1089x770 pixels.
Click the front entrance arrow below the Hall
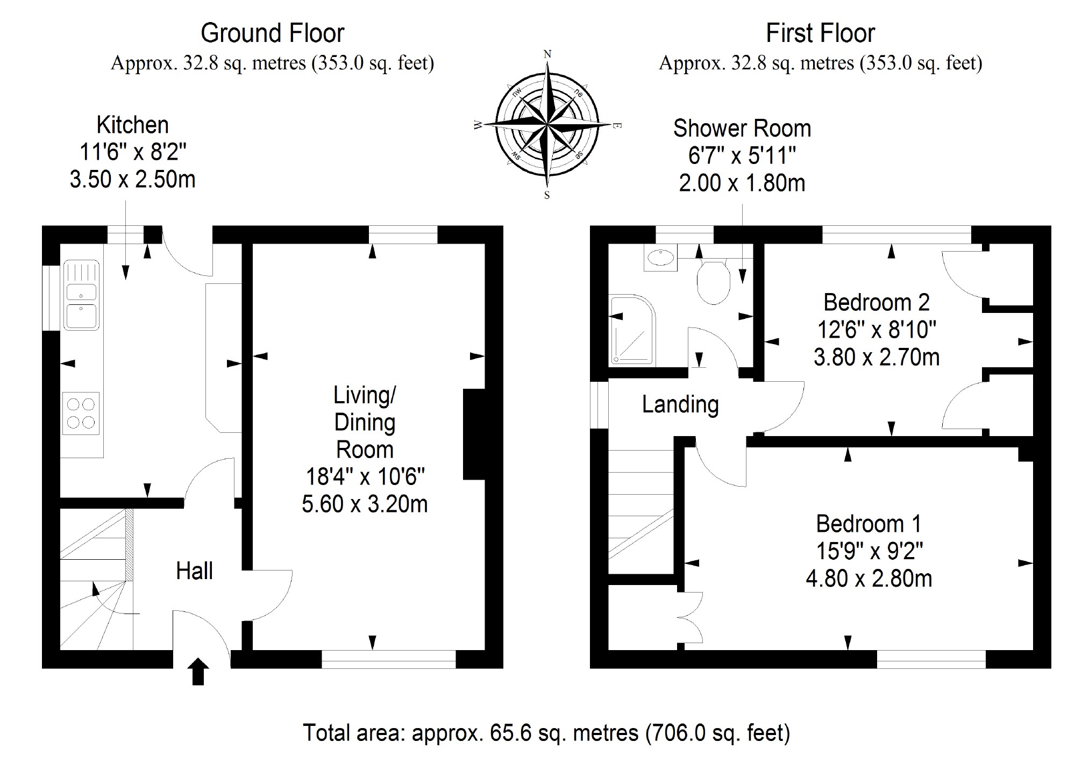[198, 672]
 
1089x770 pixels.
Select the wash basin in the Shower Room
[661, 258]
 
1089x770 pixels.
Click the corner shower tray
[631, 330]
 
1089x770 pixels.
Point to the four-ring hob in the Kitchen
[81, 413]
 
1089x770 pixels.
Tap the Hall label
[194, 571]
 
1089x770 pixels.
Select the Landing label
[680, 404]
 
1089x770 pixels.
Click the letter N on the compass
[547, 54]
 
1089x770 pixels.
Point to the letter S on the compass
[547, 195]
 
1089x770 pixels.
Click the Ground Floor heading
[272, 33]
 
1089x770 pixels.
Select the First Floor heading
[820, 33]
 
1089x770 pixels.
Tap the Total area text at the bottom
[546, 733]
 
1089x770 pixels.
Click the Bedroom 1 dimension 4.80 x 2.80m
[869, 579]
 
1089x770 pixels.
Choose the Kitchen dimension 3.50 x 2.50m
[132, 180]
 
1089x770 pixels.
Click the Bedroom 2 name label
[876, 302]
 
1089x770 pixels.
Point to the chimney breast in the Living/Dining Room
[474, 434]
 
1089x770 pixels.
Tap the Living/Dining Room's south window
[388, 659]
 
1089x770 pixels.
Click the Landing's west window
[599, 405]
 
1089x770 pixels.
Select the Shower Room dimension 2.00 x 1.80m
[742, 183]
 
